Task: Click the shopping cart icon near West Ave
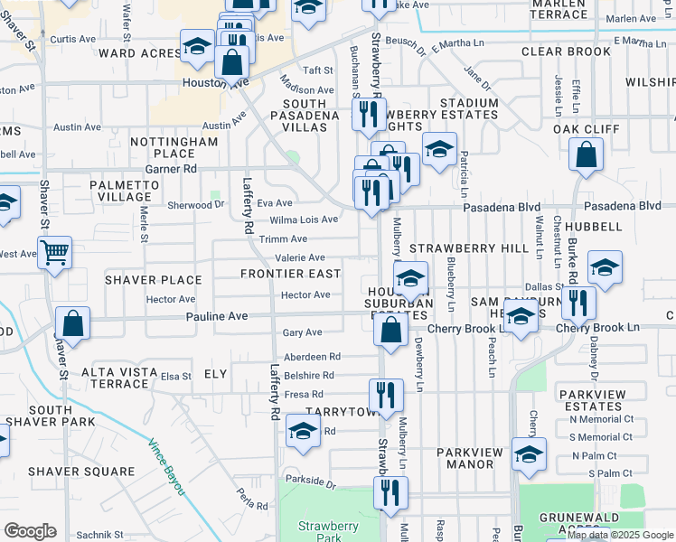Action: tap(55, 254)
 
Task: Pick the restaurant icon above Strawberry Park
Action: tap(390, 492)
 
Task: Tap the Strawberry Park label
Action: tap(322, 532)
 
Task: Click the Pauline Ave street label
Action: tap(217, 317)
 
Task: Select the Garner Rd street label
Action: tap(171, 168)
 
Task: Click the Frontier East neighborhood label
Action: tap(290, 273)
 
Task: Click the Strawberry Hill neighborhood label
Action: tap(469, 248)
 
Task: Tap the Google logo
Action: tap(29, 531)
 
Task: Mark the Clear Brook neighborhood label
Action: tap(567, 51)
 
